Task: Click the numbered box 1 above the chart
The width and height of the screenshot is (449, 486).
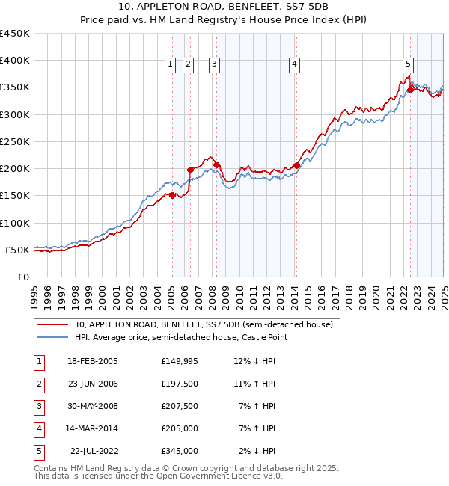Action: [x=171, y=65]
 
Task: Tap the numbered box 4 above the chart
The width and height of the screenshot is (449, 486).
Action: [x=295, y=65]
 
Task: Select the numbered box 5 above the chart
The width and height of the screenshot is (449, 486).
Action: [x=408, y=65]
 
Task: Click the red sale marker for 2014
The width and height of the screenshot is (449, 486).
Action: [x=296, y=165]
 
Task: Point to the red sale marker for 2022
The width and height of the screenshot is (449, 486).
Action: [x=410, y=90]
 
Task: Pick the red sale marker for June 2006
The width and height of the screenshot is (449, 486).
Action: [x=190, y=170]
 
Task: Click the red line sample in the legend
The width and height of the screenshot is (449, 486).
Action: [x=52, y=324]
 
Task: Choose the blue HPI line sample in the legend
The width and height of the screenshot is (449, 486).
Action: [x=52, y=337]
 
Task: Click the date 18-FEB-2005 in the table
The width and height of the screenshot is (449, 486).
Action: [x=92, y=361]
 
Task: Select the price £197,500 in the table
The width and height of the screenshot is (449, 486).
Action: [x=180, y=384]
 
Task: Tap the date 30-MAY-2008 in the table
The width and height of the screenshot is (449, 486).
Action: [x=92, y=406]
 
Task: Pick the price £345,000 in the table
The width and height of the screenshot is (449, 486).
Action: [x=180, y=451]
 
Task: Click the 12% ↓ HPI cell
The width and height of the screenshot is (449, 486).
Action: [x=255, y=361]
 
